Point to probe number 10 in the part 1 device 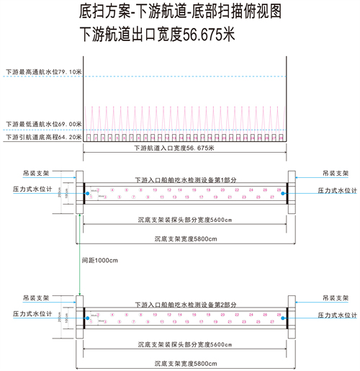(155, 189)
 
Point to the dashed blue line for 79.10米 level (180, 77)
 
